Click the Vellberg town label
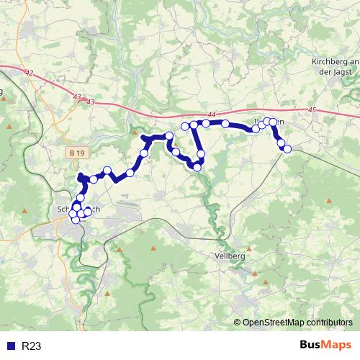click(230, 256)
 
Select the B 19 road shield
click(80, 153)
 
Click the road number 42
click(28, 73)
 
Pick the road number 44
click(211, 115)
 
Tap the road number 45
click(311, 110)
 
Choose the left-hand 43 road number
click(77, 96)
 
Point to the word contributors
click(329, 323)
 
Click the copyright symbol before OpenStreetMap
click(238, 323)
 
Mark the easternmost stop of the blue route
click(287, 149)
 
